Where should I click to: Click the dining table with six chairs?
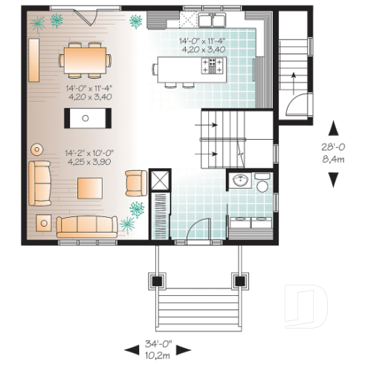[x=87, y=60]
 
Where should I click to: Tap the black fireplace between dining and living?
[x=87, y=117]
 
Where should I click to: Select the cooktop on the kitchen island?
[x=213, y=66]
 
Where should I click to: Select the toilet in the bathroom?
[x=262, y=184]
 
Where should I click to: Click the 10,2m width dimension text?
[x=157, y=355]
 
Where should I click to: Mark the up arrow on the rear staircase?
[x=295, y=77]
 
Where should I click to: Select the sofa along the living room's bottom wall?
[x=87, y=226]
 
